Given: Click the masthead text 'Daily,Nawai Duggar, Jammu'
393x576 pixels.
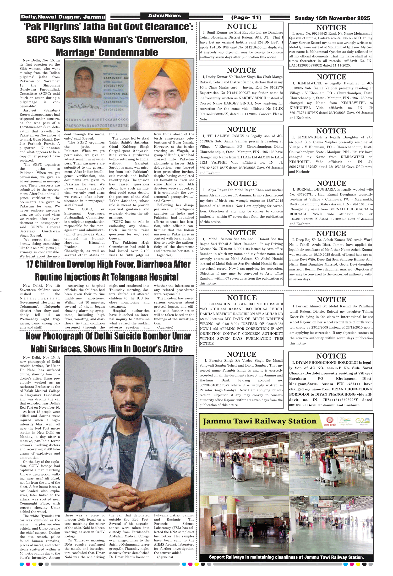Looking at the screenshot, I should pyautogui.click(x=63, y=17).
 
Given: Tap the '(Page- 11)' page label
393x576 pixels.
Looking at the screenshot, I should pyautogui.click(x=246, y=18).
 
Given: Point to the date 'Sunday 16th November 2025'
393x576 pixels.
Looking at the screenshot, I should pyautogui.click(x=332, y=18).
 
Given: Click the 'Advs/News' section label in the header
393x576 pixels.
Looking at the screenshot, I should pyautogui.click(x=165, y=16).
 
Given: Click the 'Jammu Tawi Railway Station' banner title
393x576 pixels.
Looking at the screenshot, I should pyautogui.click(x=259, y=421).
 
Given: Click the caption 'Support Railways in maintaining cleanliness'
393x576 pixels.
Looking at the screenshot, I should pyautogui.click(x=286, y=557).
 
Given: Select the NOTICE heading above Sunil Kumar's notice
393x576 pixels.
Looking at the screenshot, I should pyautogui.click(x=242, y=26).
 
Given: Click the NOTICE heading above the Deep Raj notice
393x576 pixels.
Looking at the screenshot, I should pyautogui.click(x=331, y=233).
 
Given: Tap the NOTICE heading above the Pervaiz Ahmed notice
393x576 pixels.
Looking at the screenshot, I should pyautogui.click(x=331, y=300).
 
